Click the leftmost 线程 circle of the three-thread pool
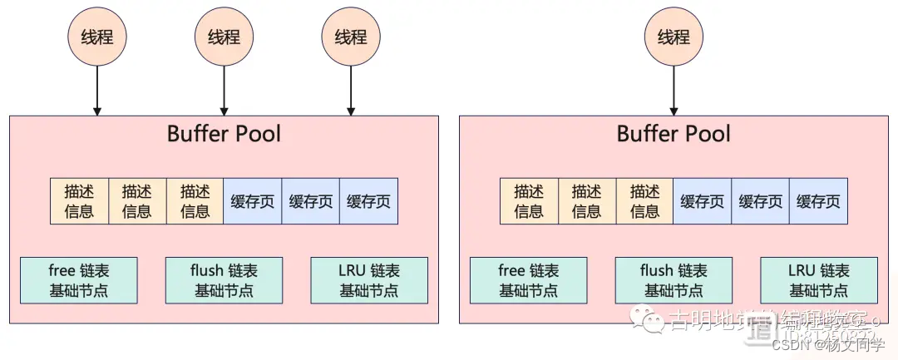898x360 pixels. coord(97,37)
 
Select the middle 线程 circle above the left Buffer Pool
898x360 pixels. coord(224,37)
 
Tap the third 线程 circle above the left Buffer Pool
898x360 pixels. coord(351,37)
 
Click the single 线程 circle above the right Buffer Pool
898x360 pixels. coord(673,37)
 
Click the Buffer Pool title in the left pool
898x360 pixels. coord(224,134)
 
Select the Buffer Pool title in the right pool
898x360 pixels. coord(673,134)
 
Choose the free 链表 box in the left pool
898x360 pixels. coord(79,280)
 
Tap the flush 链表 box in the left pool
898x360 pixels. coord(224,280)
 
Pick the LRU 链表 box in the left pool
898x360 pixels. coord(369,280)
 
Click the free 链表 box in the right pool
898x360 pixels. coord(529,280)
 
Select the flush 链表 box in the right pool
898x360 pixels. coord(673,280)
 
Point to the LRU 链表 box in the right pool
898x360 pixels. coord(818,280)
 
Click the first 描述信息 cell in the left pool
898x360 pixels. coord(79,200)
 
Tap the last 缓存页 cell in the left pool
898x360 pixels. coord(368,200)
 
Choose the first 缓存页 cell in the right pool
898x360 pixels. coord(702,200)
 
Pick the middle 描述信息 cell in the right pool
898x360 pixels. coord(586,200)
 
